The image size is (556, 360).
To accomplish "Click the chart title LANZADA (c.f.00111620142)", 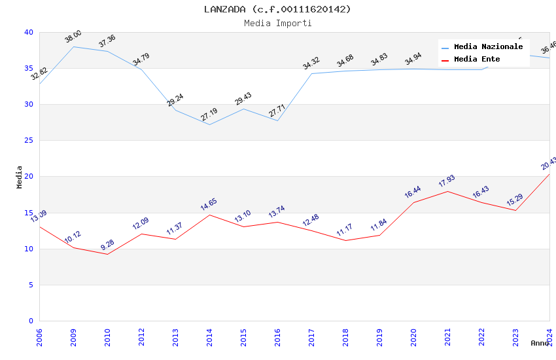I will pyautogui.click(x=277, y=9).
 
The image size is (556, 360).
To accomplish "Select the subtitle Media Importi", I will pyautogui.click(x=277, y=23).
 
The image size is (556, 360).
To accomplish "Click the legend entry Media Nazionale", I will pyautogui.click(x=488, y=47).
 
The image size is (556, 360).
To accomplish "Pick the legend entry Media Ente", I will pyautogui.click(x=477, y=60).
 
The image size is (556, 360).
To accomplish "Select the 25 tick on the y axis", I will pyautogui.click(x=29, y=141).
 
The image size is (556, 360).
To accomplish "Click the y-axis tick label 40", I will pyautogui.click(x=29, y=33).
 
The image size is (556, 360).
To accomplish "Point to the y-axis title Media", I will pyautogui.click(x=20, y=177).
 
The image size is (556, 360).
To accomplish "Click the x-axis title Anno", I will pyautogui.click(x=540, y=343).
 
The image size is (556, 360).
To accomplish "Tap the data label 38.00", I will pyautogui.click(x=73, y=37).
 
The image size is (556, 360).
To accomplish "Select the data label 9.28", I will pyautogui.click(x=107, y=245).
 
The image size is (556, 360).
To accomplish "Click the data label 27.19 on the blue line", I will pyautogui.click(x=209, y=115).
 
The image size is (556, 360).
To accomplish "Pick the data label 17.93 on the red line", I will pyautogui.click(x=447, y=181).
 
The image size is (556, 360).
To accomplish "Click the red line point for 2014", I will pyautogui.click(x=209, y=215).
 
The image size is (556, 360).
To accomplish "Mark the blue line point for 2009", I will pyautogui.click(x=73, y=46).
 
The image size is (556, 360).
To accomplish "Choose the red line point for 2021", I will pyautogui.click(x=447, y=191).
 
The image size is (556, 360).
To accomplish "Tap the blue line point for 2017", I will pyautogui.click(x=311, y=73).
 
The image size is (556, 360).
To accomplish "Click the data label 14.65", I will pyautogui.click(x=209, y=205).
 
